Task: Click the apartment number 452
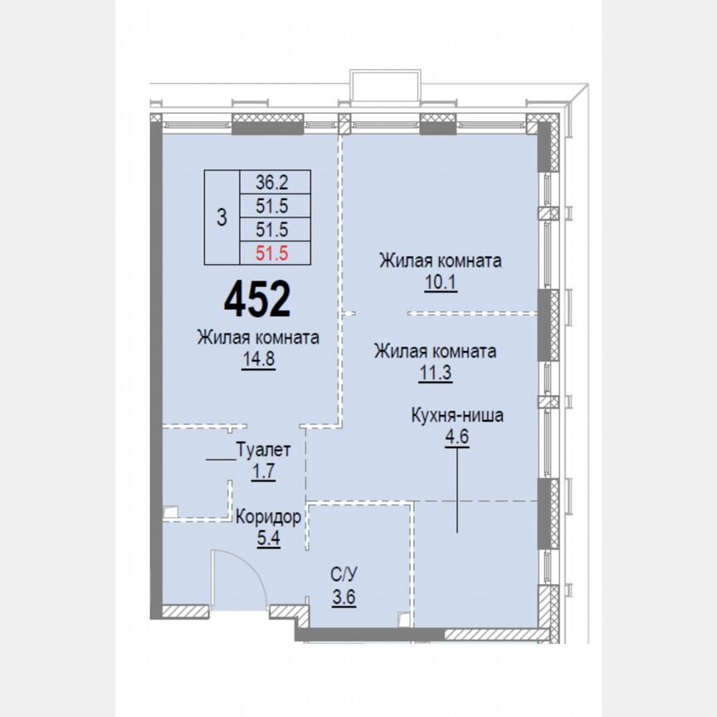(x=257, y=299)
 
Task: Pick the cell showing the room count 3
(x=221, y=218)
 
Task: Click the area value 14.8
(x=258, y=359)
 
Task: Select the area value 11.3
(x=435, y=373)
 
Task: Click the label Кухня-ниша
(x=456, y=416)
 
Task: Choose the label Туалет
(x=263, y=451)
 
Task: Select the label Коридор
(x=267, y=516)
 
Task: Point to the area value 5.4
(x=266, y=537)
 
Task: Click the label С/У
(x=344, y=573)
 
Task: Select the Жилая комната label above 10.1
(x=440, y=261)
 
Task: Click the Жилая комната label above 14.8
(x=258, y=338)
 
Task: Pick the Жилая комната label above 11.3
(x=435, y=351)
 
